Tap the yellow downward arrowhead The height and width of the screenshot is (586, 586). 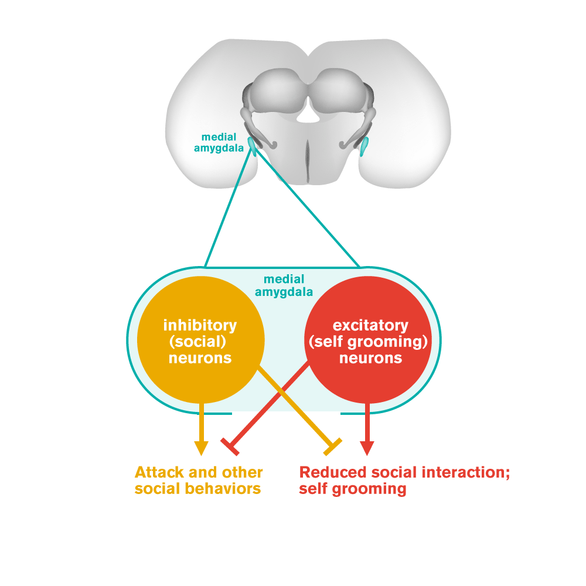[201, 447]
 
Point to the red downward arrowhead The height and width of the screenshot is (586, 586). [367, 447]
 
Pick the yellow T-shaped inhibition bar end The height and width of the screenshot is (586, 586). [333, 447]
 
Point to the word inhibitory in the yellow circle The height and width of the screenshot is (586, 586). [200, 325]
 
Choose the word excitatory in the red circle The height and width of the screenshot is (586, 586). [370, 325]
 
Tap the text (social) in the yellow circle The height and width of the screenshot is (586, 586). [201, 341]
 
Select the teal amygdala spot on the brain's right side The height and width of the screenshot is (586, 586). [364, 146]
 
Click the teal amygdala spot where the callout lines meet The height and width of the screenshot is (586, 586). [253, 143]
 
